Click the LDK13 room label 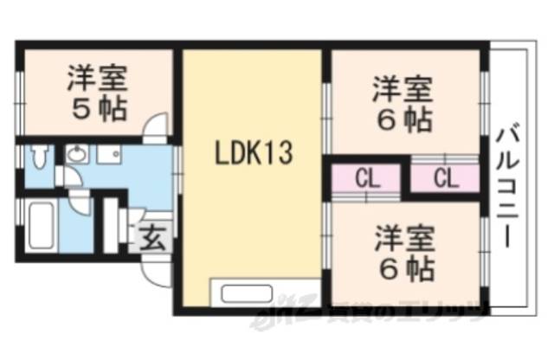(x=254, y=156)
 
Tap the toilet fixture (x=37, y=158)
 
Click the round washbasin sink (x=77, y=155)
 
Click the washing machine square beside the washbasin (x=110, y=155)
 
